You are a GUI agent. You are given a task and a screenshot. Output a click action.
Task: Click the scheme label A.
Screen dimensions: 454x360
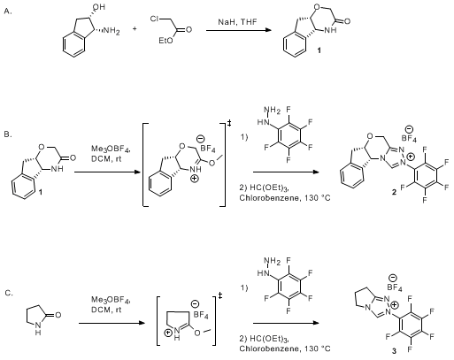click(8, 11)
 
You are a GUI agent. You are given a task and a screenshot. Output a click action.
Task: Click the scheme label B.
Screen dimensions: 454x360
click(8, 134)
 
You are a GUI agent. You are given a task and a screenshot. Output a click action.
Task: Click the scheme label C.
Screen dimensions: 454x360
click(9, 293)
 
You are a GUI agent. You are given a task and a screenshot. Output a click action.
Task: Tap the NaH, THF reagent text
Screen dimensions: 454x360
click(237, 22)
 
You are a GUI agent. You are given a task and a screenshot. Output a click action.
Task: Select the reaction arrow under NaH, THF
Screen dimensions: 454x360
click(239, 30)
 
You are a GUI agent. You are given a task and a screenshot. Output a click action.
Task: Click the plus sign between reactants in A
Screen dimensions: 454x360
click(135, 29)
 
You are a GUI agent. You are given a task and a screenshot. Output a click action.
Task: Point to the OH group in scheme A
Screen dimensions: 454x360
click(99, 6)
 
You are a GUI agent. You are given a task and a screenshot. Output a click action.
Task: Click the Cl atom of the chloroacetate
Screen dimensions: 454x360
click(155, 19)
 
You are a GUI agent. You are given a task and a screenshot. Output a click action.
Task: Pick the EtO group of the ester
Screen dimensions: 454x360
click(165, 41)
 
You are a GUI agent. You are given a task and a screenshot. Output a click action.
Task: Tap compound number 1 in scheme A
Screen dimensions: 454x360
click(319, 50)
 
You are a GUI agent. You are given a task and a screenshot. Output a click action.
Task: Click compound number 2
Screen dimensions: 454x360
click(395, 192)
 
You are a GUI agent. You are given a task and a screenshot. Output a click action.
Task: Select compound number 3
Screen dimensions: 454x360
click(395, 350)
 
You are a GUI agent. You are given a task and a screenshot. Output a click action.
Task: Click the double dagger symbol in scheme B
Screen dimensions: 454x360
click(229, 123)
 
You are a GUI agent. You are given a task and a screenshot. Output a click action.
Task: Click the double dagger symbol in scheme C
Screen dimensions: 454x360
click(220, 295)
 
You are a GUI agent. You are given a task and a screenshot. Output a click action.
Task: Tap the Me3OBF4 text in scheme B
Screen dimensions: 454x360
click(111, 150)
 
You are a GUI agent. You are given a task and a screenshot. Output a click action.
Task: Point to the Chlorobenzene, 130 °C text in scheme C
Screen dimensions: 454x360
click(285, 349)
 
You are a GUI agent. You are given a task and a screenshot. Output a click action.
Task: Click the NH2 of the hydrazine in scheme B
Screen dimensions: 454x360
click(273, 111)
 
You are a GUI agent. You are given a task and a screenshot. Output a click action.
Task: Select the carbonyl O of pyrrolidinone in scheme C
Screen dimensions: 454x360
click(58, 315)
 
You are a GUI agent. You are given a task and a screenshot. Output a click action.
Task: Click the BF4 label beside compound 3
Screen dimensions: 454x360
click(395, 287)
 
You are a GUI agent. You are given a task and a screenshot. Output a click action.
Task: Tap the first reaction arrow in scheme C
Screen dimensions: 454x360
click(112, 323)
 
